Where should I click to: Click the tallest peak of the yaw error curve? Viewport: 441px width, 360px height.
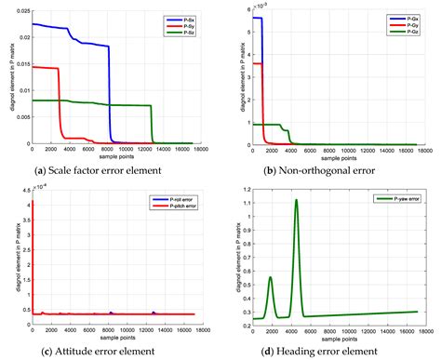tap(296, 200)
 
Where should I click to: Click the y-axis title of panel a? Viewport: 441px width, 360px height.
tap(7, 78)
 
